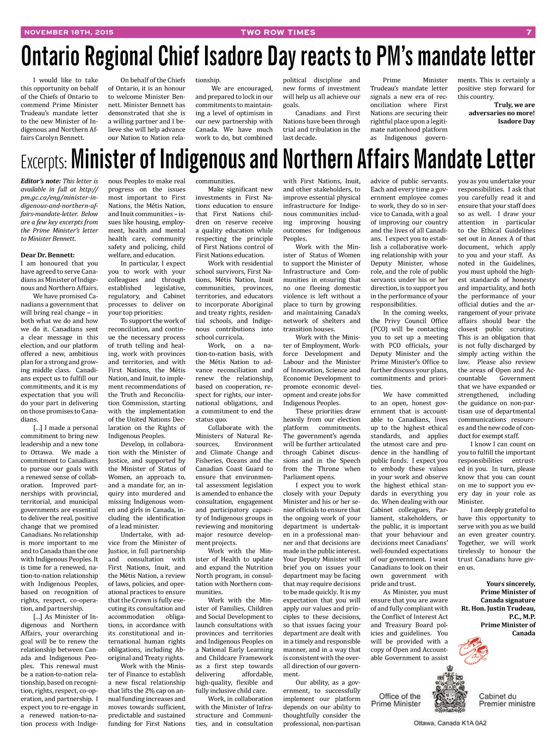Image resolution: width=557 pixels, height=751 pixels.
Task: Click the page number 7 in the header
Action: pyautogui.click(x=528, y=32)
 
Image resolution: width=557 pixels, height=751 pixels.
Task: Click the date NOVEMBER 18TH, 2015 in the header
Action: pyautogui.click(x=69, y=32)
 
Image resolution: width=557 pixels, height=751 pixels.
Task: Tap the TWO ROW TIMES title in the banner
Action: pyautogui.click(x=278, y=32)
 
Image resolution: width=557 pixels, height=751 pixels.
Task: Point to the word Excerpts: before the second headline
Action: pyautogui.click(x=44, y=162)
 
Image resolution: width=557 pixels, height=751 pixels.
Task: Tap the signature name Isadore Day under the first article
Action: pyautogui.click(x=516, y=121)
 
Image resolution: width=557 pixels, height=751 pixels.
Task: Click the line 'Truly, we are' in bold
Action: pyautogui.click(x=514, y=105)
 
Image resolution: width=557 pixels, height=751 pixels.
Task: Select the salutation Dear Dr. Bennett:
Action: pyautogui.click(x=48, y=255)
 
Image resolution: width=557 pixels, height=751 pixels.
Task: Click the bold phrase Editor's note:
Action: pyautogui.click(x=41, y=181)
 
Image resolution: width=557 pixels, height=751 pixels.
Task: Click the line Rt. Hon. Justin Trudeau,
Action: pyautogui.click(x=498, y=608)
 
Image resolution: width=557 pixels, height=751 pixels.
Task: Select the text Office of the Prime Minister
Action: pyautogui.click(x=396, y=700)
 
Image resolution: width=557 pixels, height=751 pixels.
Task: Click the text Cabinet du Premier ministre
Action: pyautogui.click(x=506, y=700)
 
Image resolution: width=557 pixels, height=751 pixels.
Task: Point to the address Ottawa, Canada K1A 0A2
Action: pyautogui.click(x=450, y=723)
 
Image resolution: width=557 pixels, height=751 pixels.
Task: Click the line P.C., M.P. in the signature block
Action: pyautogui.click(x=522, y=617)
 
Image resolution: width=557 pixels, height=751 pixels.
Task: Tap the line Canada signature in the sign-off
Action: pyautogui.click(x=508, y=600)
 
